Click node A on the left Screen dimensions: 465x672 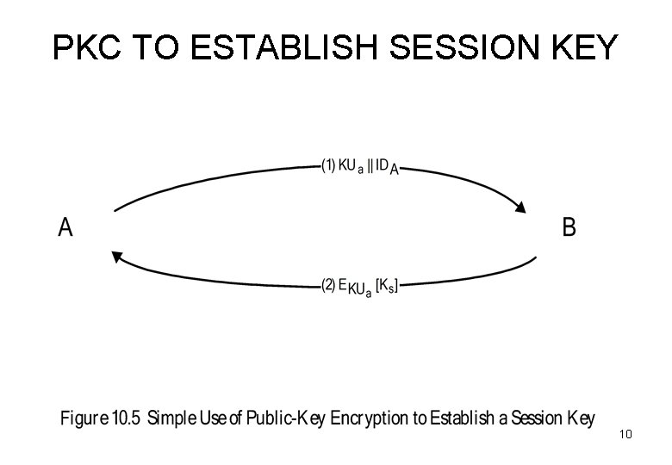point(65,228)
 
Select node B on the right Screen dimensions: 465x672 point(569,228)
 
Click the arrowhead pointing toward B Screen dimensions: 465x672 point(520,206)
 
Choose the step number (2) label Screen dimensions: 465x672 point(327,286)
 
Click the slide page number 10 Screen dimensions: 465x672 point(625,435)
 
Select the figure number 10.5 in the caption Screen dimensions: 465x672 point(127,419)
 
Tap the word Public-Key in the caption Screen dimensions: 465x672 point(282,419)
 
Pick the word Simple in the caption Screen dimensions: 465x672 point(175,420)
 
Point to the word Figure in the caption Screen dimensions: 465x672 point(84,420)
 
